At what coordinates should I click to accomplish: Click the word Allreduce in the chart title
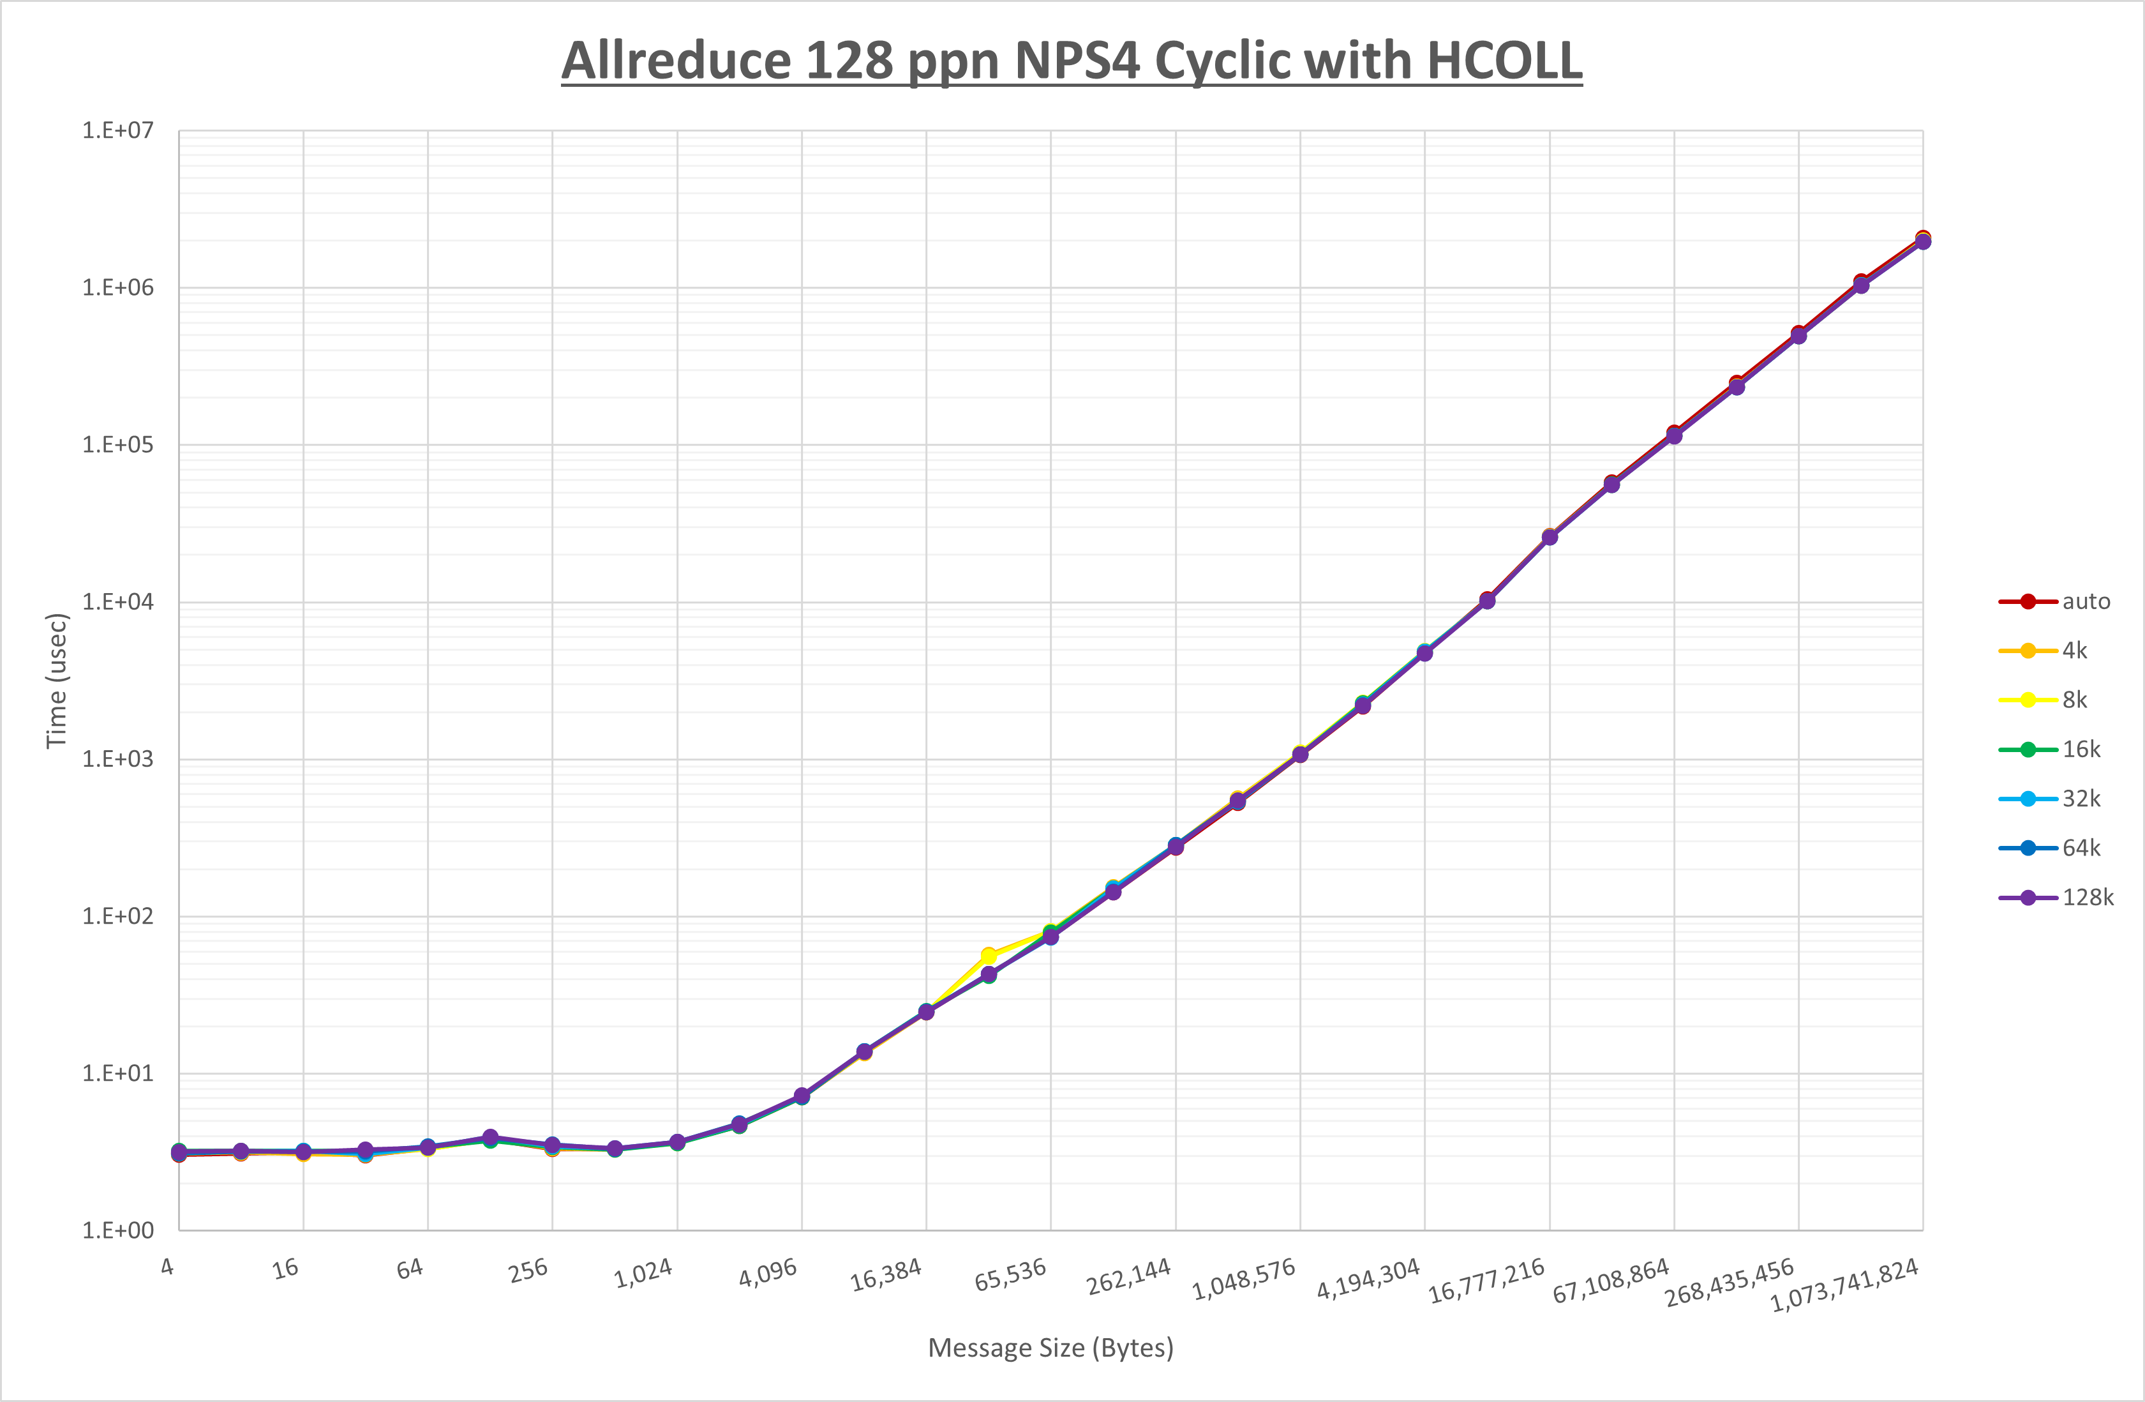(x=676, y=61)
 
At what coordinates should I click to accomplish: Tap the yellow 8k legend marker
(x=2028, y=700)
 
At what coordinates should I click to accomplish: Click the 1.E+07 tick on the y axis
(x=118, y=131)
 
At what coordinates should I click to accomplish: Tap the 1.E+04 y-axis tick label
(x=118, y=601)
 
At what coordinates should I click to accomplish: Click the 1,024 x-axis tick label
(x=643, y=1273)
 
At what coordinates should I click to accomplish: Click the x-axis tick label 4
(x=168, y=1267)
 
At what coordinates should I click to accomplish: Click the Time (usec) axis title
(x=56, y=681)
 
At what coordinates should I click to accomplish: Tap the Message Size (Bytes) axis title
(x=1051, y=1348)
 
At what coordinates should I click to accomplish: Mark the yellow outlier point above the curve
(x=989, y=955)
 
